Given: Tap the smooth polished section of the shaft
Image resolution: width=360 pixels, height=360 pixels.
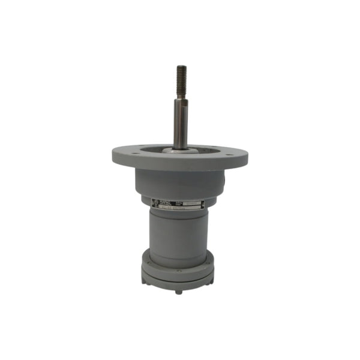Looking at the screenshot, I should click(180, 123).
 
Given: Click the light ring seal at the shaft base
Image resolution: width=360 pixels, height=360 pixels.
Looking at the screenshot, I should click(180, 150).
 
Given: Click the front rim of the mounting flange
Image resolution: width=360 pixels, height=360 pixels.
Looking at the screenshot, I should click(180, 163).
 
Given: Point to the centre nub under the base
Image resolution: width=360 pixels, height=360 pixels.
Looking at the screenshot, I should click(179, 292).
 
